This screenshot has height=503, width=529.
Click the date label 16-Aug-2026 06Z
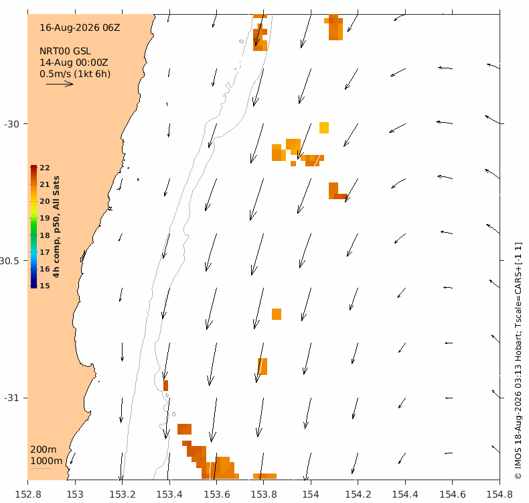click(x=80, y=27)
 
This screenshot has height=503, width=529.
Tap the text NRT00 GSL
click(x=65, y=51)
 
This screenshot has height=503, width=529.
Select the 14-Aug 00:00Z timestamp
click(x=74, y=62)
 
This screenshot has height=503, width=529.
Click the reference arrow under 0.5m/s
click(x=60, y=84)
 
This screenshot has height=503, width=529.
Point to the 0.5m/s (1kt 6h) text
click(x=75, y=74)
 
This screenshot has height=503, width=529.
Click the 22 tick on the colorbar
click(x=45, y=168)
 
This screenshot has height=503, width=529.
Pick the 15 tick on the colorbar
click(x=45, y=286)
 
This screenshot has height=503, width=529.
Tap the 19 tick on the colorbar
click(x=45, y=218)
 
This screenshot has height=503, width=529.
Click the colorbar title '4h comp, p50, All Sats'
click(x=56, y=227)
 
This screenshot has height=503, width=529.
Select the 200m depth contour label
click(x=43, y=449)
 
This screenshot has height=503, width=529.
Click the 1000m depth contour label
click(x=46, y=461)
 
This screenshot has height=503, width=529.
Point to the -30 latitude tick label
click(x=11, y=124)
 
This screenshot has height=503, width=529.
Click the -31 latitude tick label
click(x=11, y=398)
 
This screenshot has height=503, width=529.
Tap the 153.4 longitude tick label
click(x=169, y=494)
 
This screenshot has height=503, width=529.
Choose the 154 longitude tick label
click(x=311, y=494)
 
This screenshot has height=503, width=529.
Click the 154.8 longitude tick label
click(x=500, y=494)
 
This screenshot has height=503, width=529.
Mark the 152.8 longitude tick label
click(x=28, y=494)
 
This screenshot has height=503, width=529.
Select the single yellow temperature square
click(x=324, y=127)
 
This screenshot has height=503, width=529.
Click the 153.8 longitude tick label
click(x=263, y=494)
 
